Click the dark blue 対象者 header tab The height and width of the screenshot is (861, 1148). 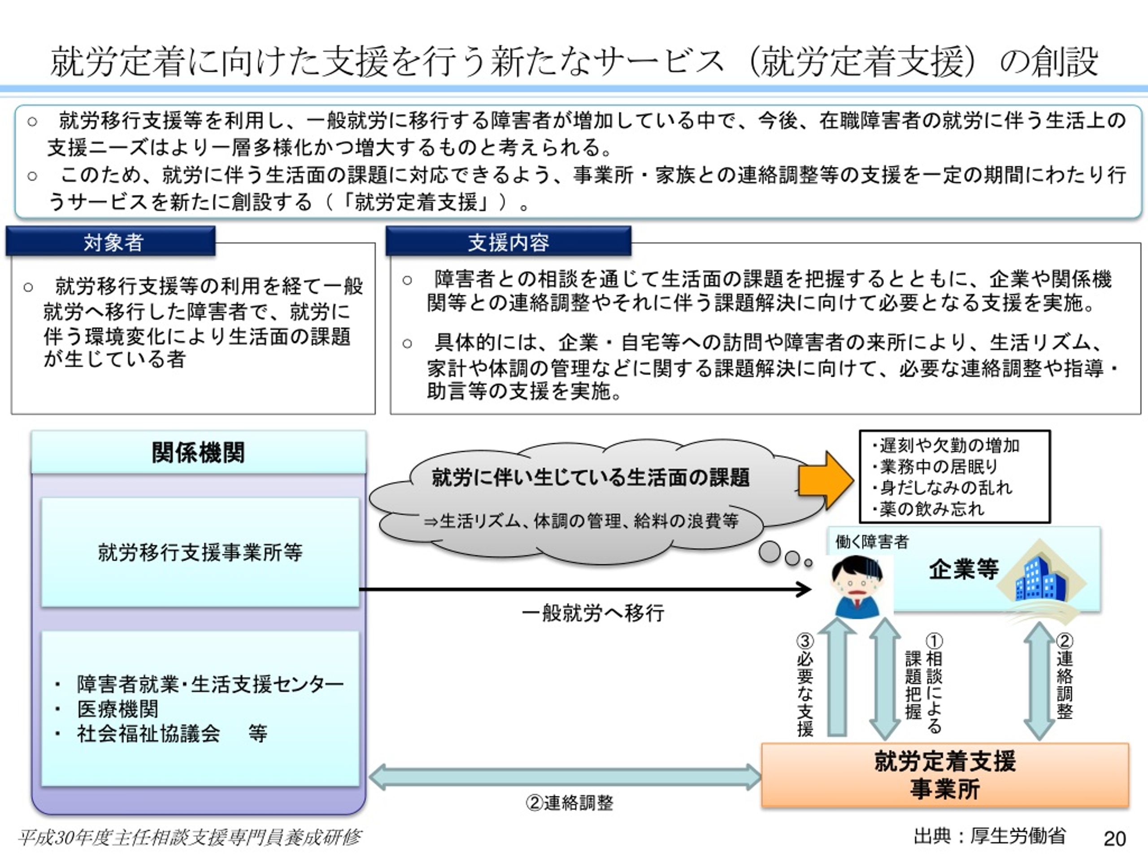pyautogui.click(x=111, y=241)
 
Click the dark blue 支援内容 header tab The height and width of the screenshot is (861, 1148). pyautogui.click(x=509, y=241)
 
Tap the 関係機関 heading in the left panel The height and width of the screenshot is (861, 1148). pyautogui.click(x=198, y=452)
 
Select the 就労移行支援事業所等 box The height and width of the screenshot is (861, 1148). pyautogui.click(x=200, y=552)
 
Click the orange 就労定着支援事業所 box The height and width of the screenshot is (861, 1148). pyautogui.click(x=944, y=775)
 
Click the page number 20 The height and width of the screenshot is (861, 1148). pyautogui.click(x=1114, y=839)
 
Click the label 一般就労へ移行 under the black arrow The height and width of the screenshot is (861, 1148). pyautogui.click(x=593, y=613)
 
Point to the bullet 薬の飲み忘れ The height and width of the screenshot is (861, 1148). pyautogui.click(x=929, y=509)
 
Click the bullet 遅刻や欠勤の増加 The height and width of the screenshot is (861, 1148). pyautogui.click(x=946, y=445)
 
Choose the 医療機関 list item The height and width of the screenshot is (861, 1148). pyautogui.click(x=118, y=709)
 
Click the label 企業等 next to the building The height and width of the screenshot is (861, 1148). pyautogui.click(x=964, y=570)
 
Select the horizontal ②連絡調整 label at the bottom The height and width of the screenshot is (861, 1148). pyautogui.click(x=570, y=803)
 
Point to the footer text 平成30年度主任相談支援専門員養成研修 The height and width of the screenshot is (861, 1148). pyautogui.click(x=189, y=837)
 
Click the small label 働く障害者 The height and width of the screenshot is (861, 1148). pyautogui.click(x=872, y=542)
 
